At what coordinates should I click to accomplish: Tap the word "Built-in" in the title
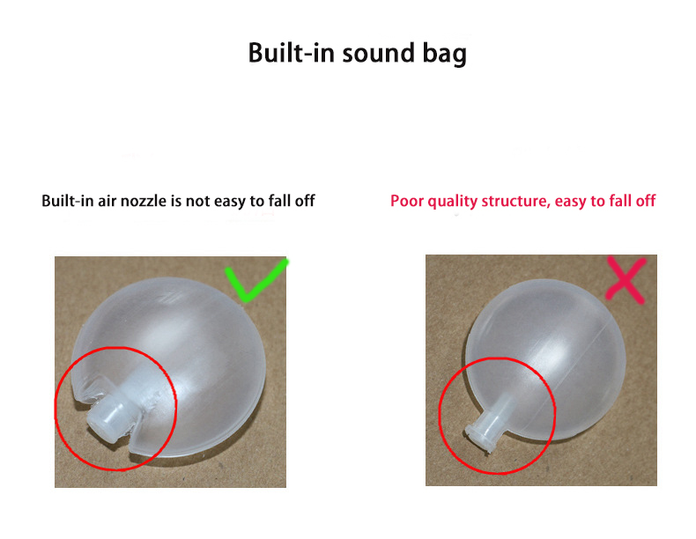pos(283,53)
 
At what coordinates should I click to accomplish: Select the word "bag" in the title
pos(441,55)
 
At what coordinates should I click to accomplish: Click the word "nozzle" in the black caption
pos(142,201)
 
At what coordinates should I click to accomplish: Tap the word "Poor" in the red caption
pos(407,201)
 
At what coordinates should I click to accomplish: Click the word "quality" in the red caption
pos(452,202)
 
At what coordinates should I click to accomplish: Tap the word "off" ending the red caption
pos(644,201)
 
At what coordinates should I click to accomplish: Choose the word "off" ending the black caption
pos(303,201)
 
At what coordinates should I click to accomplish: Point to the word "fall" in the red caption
pos(618,201)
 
